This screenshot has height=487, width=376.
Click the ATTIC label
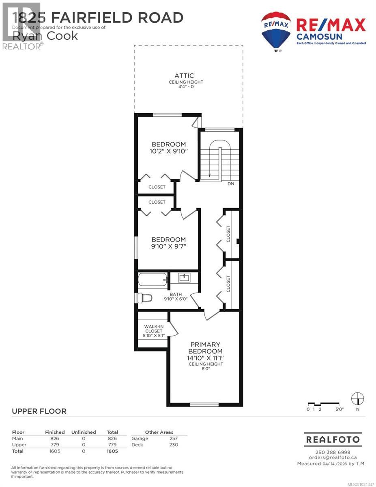pyautogui.click(x=184, y=75)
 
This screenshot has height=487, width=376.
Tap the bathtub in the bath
pyautogui.click(x=153, y=279)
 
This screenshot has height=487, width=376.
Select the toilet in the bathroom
pyautogui.click(x=145, y=298)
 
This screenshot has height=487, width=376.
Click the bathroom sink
pyautogui.click(x=185, y=278)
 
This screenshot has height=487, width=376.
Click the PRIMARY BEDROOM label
pyautogui.click(x=206, y=348)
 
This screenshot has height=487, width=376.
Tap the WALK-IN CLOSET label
pyautogui.click(x=153, y=328)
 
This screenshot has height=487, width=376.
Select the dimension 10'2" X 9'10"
pyautogui.click(x=169, y=151)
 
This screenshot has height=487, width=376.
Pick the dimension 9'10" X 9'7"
pyautogui.click(x=169, y=246)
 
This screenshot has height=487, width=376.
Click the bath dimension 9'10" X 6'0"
pyautogui.click(x=176, y=299)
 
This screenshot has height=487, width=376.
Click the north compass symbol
pyautogui.click(x=357, y=399)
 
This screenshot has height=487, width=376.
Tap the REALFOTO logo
pyautogui.click(x=333, y=440)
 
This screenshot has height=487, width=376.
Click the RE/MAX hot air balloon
pyautogui.click(x=276, y=31)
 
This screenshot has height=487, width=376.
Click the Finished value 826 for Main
pyautogui.click(x=55, y=438)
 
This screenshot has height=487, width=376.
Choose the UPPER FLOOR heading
pyautogui.click(x=39, y=412)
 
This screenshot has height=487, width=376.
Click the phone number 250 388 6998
pyautogui.click(x=333, y=452)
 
